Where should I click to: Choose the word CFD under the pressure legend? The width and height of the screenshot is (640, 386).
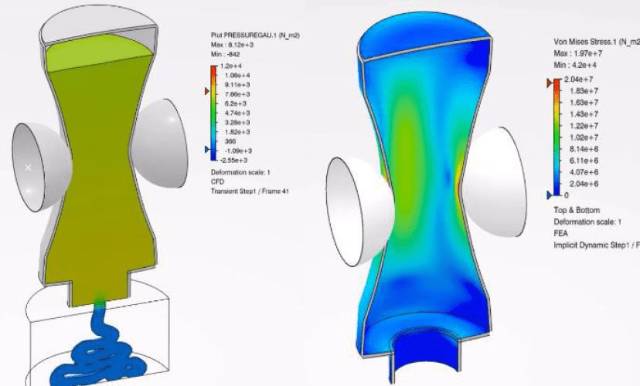point(217,181)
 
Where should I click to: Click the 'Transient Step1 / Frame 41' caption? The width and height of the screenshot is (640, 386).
point(249,191)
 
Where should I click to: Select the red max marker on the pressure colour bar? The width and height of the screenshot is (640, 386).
point(206,92)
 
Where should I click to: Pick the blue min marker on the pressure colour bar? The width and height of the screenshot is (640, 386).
point(206,149)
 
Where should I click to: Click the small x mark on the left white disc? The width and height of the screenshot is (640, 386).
point(29,167)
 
